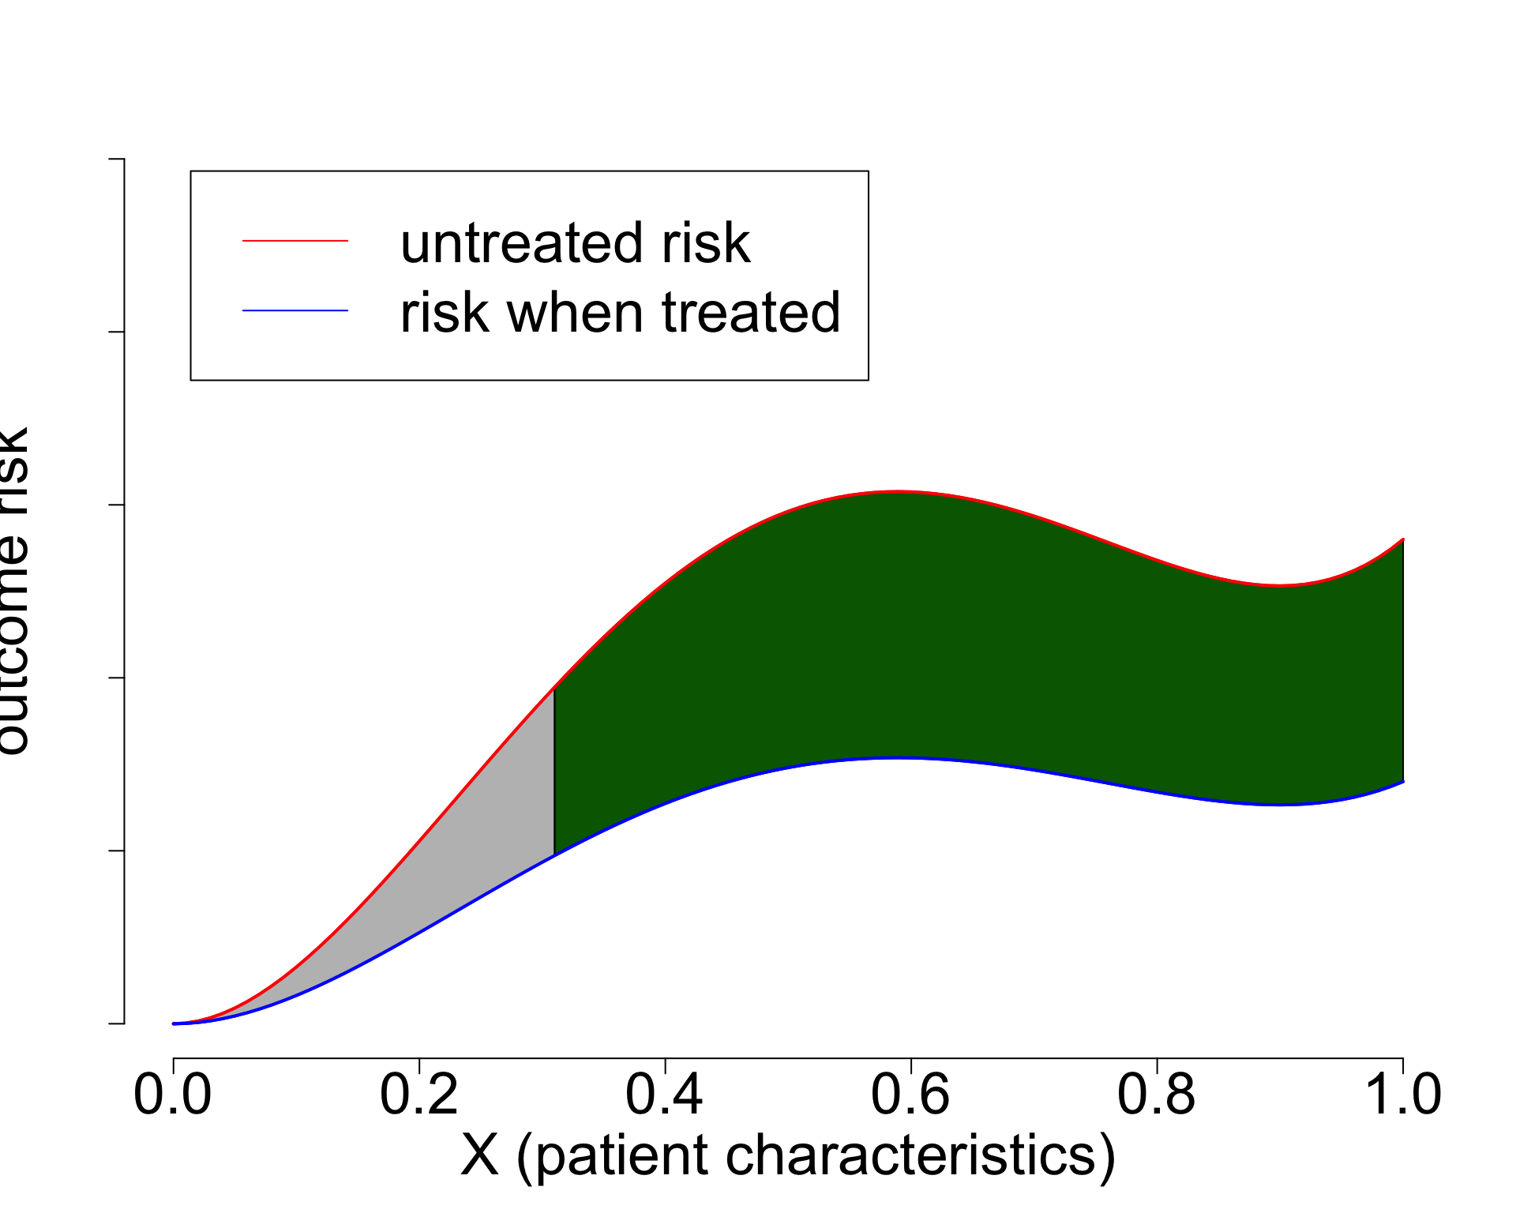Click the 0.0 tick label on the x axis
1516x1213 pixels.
(x=173, y=1095)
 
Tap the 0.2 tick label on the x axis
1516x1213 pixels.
(x=419, y=1095)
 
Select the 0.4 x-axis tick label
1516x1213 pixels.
(x=665, y=1095)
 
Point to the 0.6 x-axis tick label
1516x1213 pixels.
(x=910, y=1095)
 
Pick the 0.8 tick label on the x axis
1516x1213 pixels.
(x=1157, y=1095)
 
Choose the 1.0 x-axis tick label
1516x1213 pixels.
(x=1402, y=1095)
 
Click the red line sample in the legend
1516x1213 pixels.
(x=295, y=240)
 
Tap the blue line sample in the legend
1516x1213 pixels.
(x=295, y=311)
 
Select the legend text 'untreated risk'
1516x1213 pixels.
(x=575, y=242)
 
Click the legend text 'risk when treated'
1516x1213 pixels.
(x=621, y=313)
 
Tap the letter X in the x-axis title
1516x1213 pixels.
(x=480, y=1155)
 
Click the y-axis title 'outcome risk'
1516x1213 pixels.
(x=13, y=591)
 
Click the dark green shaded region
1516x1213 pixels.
(x=947, y=632)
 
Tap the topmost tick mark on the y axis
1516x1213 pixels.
(x=116, y=159)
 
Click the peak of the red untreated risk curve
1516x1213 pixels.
(x=898, y=491)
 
